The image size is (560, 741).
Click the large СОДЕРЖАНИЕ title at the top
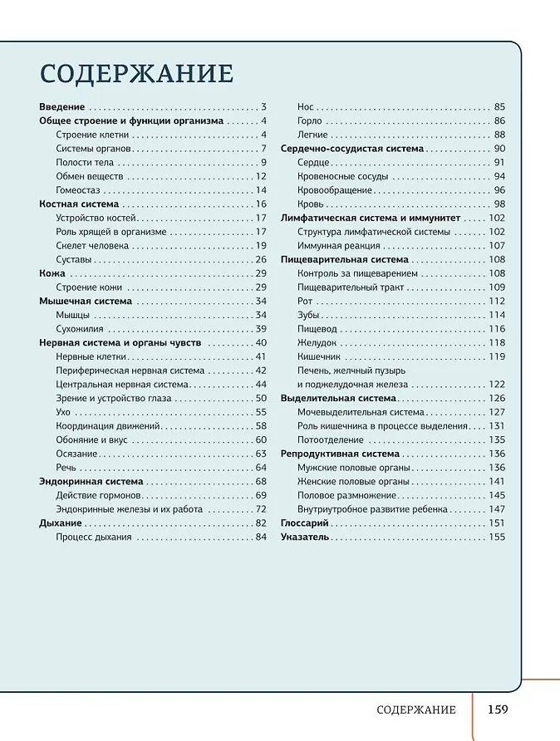click(x=137, y=73)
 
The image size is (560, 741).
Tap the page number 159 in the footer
click(x=498, y=709)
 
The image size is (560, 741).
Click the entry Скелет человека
click(x=92, y=246)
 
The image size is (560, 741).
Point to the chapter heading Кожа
click(x=52, y=273)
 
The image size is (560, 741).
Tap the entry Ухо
click(x=63, y=412)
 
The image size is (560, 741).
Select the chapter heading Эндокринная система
click(x=91, y=482)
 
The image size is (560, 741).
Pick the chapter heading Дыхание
click(x=61, y=523)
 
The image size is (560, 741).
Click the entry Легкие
click(x=313, y=135)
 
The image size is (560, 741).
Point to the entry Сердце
click(x=313, y=162)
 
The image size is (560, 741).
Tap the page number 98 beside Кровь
click(x=499, y=204)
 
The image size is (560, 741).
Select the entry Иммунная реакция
click(x=339, y=246)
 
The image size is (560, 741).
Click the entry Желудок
click(x=317, y=342)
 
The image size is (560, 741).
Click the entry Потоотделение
click(x=331, y=439)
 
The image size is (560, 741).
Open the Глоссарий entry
click(x=305, y=523)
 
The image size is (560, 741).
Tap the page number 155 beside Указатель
click(x=497, y=537)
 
